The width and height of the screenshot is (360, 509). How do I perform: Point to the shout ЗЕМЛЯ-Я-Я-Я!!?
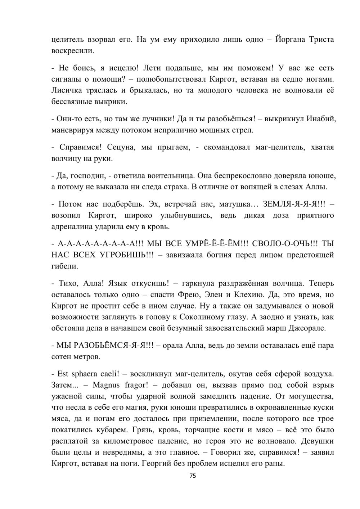pyautogui.click(x=294, y=204)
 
